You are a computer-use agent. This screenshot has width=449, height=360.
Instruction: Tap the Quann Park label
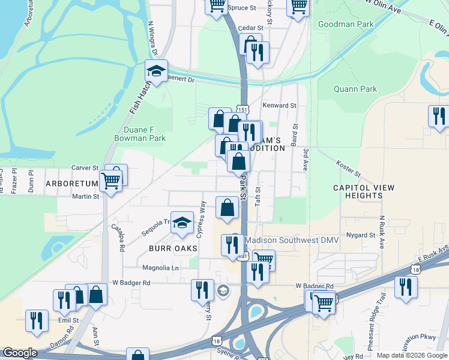[355, 89]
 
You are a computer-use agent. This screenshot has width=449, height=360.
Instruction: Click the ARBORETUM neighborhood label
[71, 184]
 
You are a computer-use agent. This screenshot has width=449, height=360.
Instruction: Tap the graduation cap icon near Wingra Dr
[157, 71]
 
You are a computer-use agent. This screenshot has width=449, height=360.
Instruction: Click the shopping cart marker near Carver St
[111, 179]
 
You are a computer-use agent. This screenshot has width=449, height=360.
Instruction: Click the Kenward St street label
[279, 106]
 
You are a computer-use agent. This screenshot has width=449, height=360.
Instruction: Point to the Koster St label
[348, 169]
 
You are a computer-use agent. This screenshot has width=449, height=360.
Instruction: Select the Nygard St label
[360, 235]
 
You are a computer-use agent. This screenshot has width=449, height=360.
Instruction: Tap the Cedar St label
[251, 28]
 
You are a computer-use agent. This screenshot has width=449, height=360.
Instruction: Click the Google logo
[20, 353]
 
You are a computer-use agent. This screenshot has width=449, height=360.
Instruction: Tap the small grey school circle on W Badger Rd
[223, 290]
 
